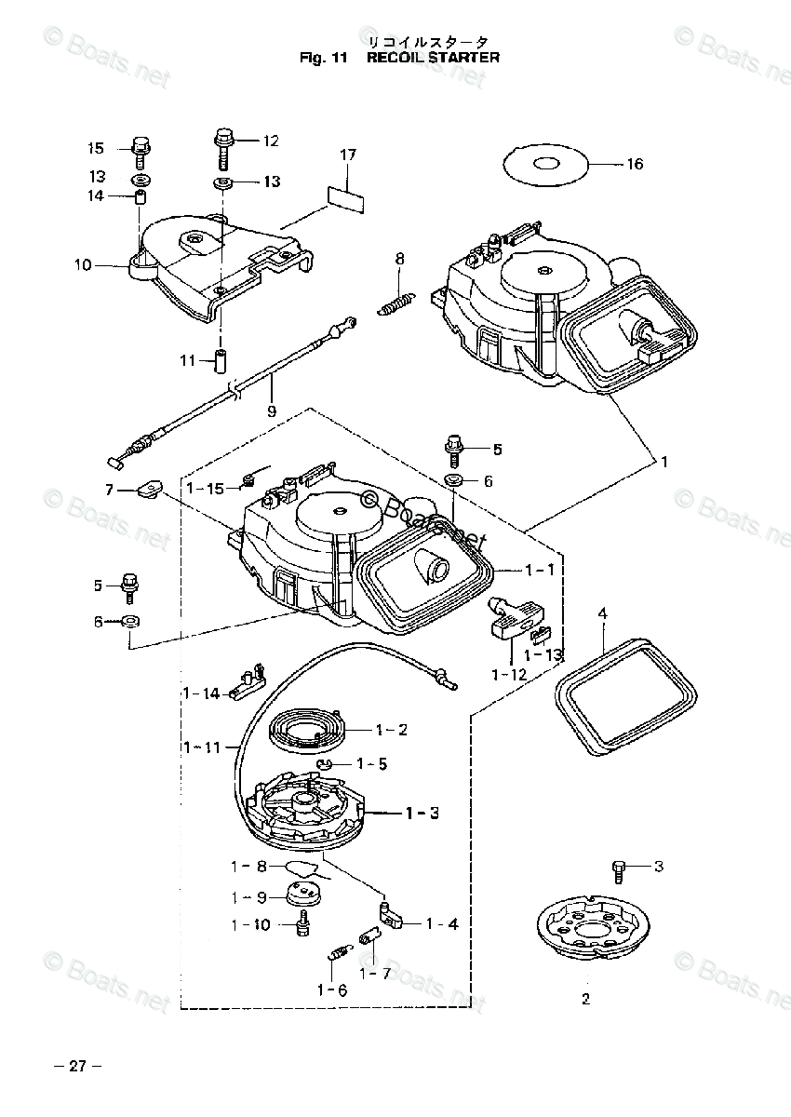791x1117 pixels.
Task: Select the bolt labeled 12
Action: click(223, 146)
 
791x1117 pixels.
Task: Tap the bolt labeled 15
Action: click(141, 150)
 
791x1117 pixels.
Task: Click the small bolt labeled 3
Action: click(619, 869)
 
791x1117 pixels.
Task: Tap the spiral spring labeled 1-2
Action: click(307, 729)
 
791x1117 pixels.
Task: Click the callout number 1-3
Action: click(422, 813)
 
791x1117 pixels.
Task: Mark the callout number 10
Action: click(84, 265)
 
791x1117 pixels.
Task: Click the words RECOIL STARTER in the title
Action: click(433, 58)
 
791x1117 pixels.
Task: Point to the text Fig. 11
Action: click(323, 58)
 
